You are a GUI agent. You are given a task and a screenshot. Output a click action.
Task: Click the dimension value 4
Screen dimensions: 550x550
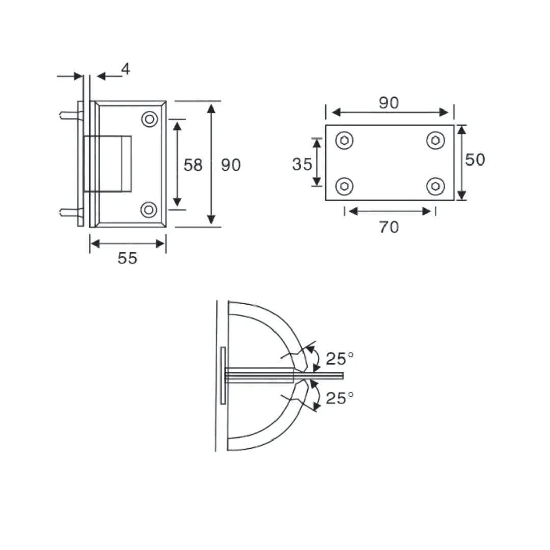[x=125, y=69]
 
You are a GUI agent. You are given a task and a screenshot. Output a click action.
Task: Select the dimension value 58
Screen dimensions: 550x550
[x=193, y=164]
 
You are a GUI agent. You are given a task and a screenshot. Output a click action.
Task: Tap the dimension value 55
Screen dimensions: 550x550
[x=127, y=258]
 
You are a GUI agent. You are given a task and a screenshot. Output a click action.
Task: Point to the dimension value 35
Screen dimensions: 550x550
[x=302, y=164]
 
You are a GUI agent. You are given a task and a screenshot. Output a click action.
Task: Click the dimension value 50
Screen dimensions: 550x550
[x=475, y=159]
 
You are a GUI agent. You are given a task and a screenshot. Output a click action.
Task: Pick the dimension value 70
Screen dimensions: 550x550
[x=389, y=227]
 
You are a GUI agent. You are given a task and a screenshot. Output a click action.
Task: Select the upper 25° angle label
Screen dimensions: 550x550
[x=340, y=359]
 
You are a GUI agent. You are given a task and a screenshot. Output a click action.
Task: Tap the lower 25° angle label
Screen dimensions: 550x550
[x=340, y=398]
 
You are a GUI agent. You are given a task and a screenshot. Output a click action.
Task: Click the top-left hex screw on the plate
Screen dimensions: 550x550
[x=345, y=141]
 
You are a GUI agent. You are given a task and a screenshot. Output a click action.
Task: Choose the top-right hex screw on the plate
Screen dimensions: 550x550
[x=435, y=141]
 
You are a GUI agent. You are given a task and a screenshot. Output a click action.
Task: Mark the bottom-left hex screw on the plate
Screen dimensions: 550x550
[x=345, y=186]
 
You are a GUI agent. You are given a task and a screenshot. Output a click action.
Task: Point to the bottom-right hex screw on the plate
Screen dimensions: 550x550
[x=435, y=186]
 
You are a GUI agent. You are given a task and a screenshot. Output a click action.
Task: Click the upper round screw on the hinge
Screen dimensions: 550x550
[x=149, y=119]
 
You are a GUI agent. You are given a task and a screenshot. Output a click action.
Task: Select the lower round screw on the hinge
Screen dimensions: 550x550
[x=149, y=209]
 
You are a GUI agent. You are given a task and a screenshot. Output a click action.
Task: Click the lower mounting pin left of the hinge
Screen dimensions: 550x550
[x=69, y=212]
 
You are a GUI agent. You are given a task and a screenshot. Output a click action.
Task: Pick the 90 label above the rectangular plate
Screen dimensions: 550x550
[x=389, y=103]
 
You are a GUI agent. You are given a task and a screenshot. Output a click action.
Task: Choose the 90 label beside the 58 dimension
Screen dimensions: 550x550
[x=231, y=164]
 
